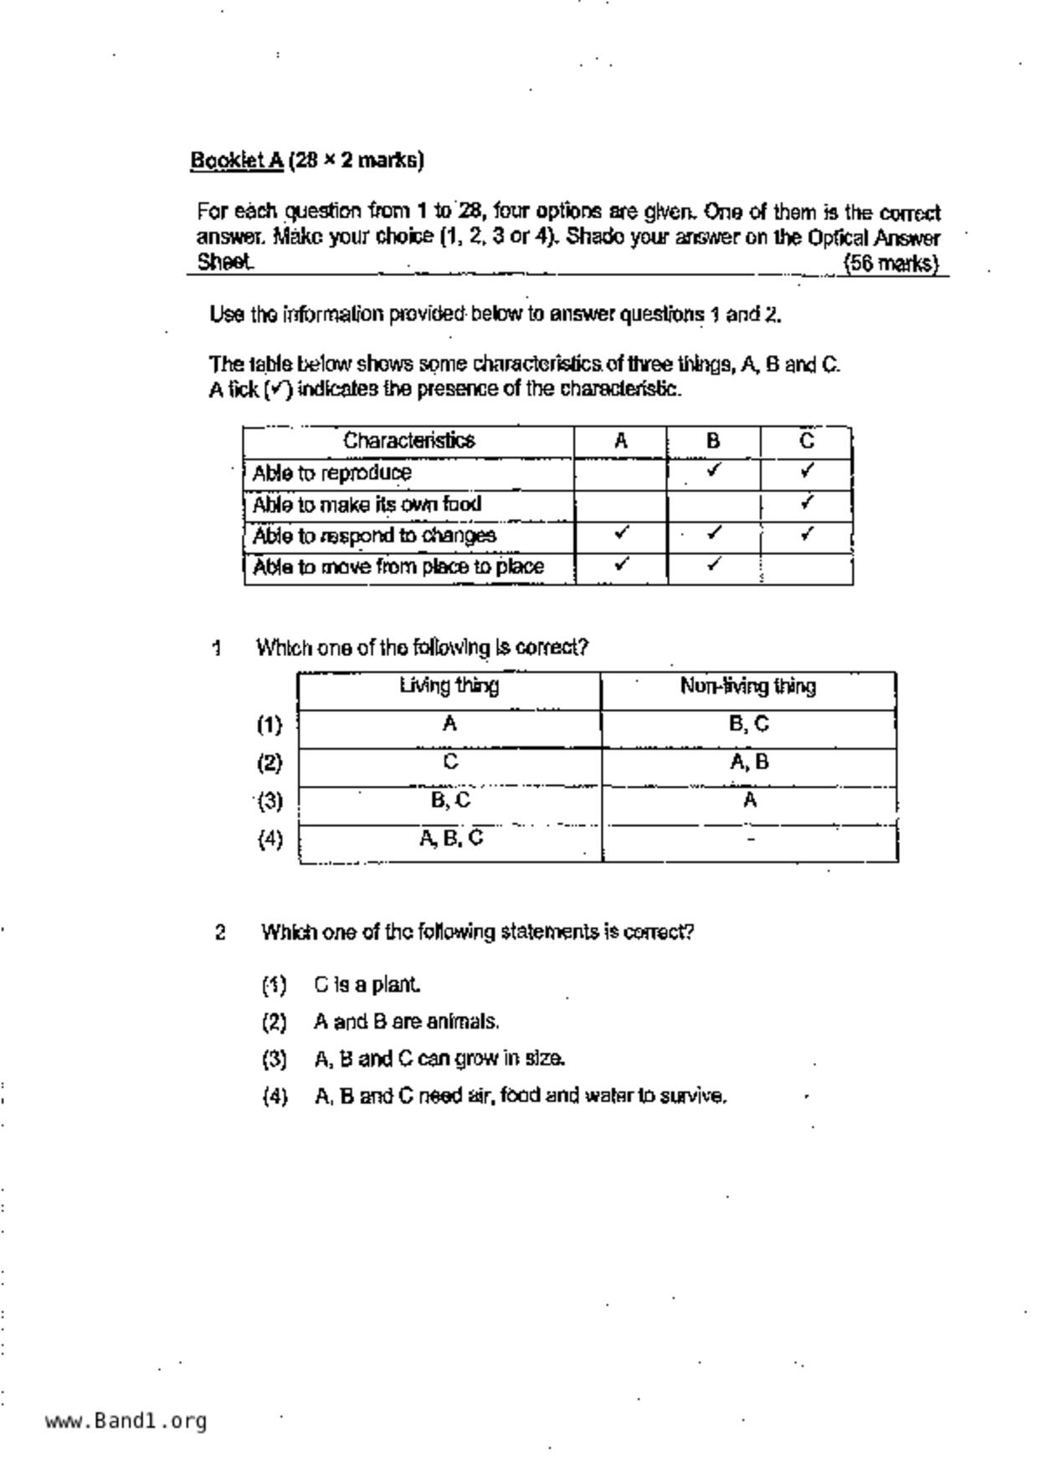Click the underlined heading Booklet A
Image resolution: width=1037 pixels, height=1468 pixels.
coord(237,160)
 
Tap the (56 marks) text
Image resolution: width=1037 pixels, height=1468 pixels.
coord(891,264)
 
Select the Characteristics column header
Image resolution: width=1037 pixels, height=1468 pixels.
coord(408,441)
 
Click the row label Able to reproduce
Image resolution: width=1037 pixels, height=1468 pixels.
coord(331,473)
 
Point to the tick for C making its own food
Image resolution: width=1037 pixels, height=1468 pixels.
coord(806,502)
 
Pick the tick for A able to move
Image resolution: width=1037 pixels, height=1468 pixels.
coord(620,564)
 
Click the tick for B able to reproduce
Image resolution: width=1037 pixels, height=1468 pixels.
coord(713,470)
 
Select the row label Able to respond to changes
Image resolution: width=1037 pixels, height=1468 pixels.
coord(374,536)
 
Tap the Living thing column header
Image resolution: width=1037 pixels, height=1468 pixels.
coord(449,687)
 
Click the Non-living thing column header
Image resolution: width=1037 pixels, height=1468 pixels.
coord(747,687)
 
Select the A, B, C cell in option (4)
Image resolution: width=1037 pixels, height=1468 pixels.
coord(450,839)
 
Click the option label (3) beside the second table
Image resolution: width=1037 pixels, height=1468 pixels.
coord(270,802)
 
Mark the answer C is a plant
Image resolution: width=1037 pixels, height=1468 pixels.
coord(367,985)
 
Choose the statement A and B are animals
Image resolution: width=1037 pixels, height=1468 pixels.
coord(407,1022)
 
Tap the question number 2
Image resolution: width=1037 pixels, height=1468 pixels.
coord(220,932)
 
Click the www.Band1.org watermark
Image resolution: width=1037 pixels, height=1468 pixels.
coord(126,1421)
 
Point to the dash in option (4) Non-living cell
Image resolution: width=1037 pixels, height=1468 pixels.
coord(751,839)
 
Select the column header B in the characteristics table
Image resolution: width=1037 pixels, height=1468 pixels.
coord(713,441)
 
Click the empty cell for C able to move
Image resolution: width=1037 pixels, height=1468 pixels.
coord(806,567)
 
